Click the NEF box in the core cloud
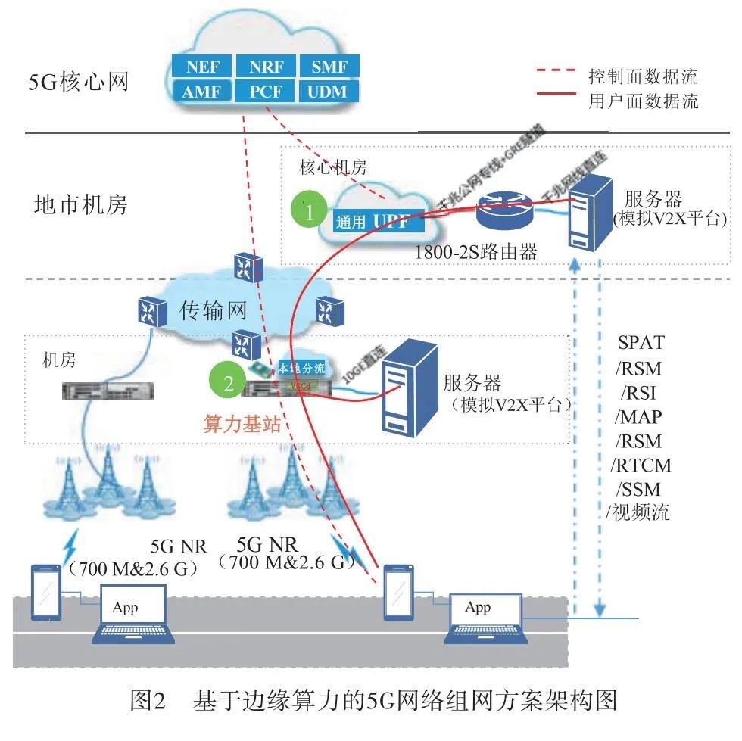[x=202, y=67]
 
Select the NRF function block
[x=267, y=67]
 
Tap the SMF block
[x=329, y=67]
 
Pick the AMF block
[x=202, y=92]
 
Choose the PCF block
[x=267, y=92]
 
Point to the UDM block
[x=329, y=92]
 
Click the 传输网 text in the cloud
[x=214, y=310]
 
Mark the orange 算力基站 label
[x=242, y=424]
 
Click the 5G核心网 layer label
[x=79, y=80]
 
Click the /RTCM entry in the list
[x=641, y=464]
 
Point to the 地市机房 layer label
[x=81, y=204]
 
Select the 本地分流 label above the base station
[x=302, y=370]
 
